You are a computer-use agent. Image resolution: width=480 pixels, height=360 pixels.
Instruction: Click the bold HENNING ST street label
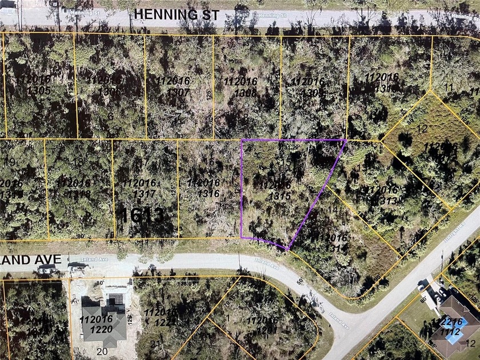(177, 15)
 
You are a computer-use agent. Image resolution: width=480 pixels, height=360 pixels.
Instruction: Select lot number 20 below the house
(102, 350)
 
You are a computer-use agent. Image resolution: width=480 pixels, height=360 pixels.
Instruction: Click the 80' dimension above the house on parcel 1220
(101, 282)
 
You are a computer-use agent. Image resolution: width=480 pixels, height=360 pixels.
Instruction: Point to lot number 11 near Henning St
(449, 87)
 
